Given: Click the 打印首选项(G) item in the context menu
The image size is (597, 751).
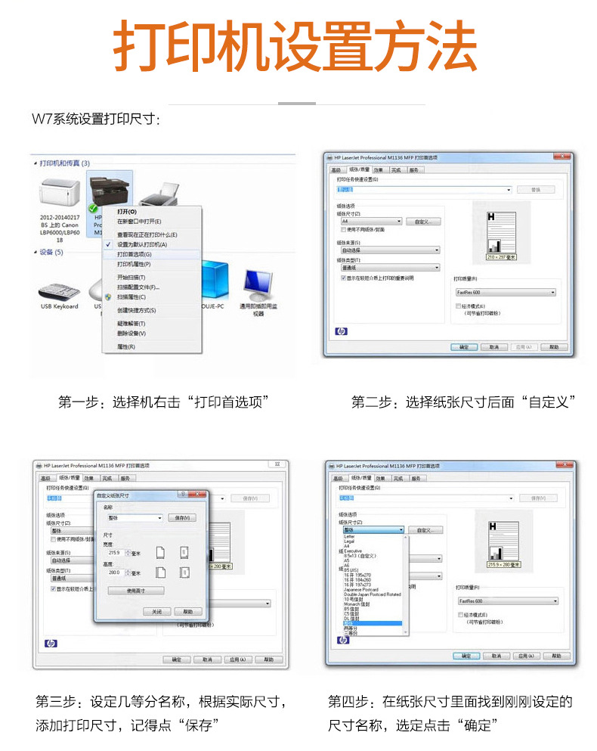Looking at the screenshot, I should [134, 255].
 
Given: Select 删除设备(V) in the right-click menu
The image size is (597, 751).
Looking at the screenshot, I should [131, 333].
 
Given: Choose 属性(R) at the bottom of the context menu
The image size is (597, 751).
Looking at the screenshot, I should [125, 346].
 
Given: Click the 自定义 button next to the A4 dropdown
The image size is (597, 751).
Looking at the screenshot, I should [422, 222].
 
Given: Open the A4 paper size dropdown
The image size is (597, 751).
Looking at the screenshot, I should [370, 222].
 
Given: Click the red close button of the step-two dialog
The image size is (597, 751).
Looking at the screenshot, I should [561, 157].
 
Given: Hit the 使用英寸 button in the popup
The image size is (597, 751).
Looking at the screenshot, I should [136, 591].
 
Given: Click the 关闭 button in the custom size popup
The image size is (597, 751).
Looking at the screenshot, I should [156, 611].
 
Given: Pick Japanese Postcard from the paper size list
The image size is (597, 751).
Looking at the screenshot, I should [361, 590].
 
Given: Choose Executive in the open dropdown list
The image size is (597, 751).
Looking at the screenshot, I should [355, 551].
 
